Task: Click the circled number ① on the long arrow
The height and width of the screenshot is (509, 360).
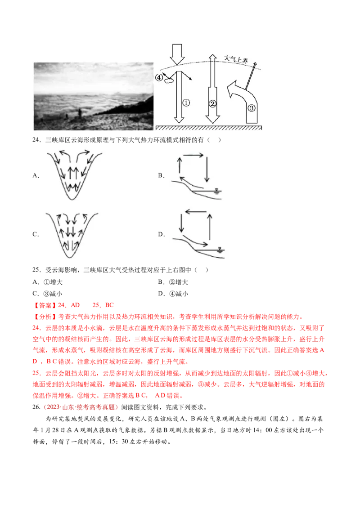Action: click(x=186, y=103)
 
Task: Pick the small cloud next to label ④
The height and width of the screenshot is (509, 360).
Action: click(x=169, y=80)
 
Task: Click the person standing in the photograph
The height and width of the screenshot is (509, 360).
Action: click(x=80, y=112)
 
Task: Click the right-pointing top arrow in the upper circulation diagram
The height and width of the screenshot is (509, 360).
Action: click(x=193, y=155)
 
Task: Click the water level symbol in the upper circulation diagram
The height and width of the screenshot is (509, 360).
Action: click(x=216, y=191)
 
